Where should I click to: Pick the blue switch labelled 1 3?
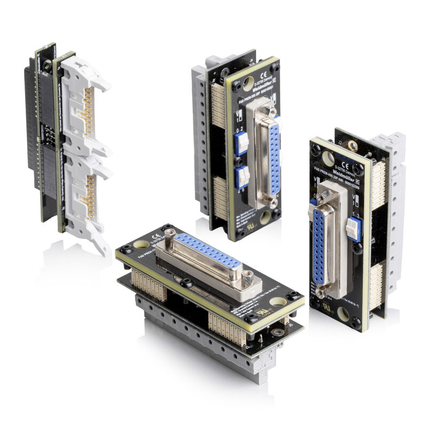(x=354, y=228)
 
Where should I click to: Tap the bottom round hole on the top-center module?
(x=265, y=217)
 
